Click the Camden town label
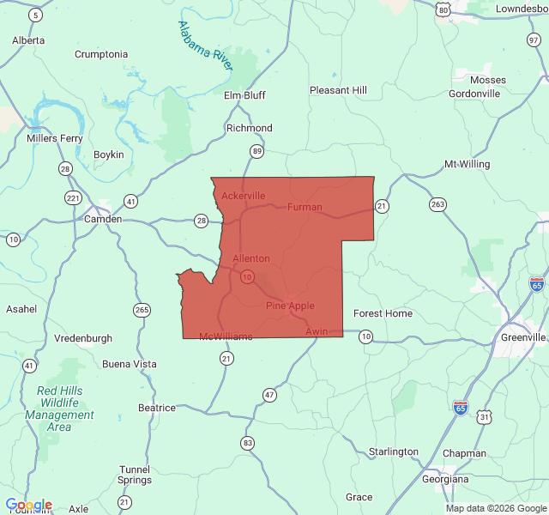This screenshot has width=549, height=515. coord(102,219)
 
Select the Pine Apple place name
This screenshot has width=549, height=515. coord(290,306)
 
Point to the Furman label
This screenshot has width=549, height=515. coord(305,207)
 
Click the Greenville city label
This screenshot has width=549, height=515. coord(523,337)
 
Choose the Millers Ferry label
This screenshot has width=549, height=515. coord(55,137)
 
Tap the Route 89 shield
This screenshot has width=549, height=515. coord(256,151)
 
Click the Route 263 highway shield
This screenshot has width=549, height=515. coord(438,203)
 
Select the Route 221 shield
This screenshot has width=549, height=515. coord(73,198)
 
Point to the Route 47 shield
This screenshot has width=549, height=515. coord(270,395)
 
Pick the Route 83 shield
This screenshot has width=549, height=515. coord(248,443)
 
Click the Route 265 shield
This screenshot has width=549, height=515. coord(142,309)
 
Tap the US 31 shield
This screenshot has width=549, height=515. coord(486,417)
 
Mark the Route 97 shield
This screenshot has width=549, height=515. coord(534,40)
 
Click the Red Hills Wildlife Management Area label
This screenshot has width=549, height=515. coord(59,409)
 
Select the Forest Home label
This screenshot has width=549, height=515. coord(383,313)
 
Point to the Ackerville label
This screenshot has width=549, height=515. coord(244,196)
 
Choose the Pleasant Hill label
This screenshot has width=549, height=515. coord(338,90)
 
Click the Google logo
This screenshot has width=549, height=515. coord(28,506)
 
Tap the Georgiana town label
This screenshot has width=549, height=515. coord(451,479)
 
